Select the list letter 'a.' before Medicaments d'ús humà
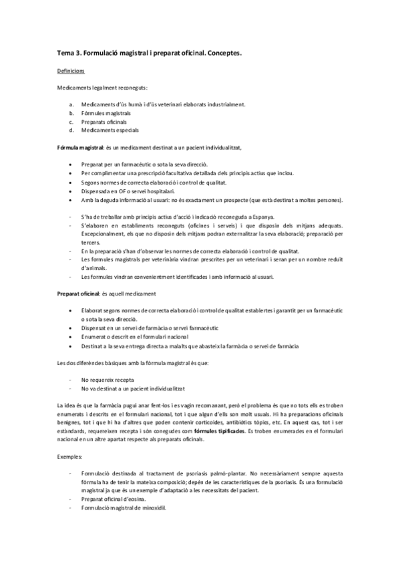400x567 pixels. [x=71, y=105]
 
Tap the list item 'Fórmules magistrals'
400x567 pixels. [x=106, y=114]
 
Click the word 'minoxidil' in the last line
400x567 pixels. [x=154, y=507]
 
